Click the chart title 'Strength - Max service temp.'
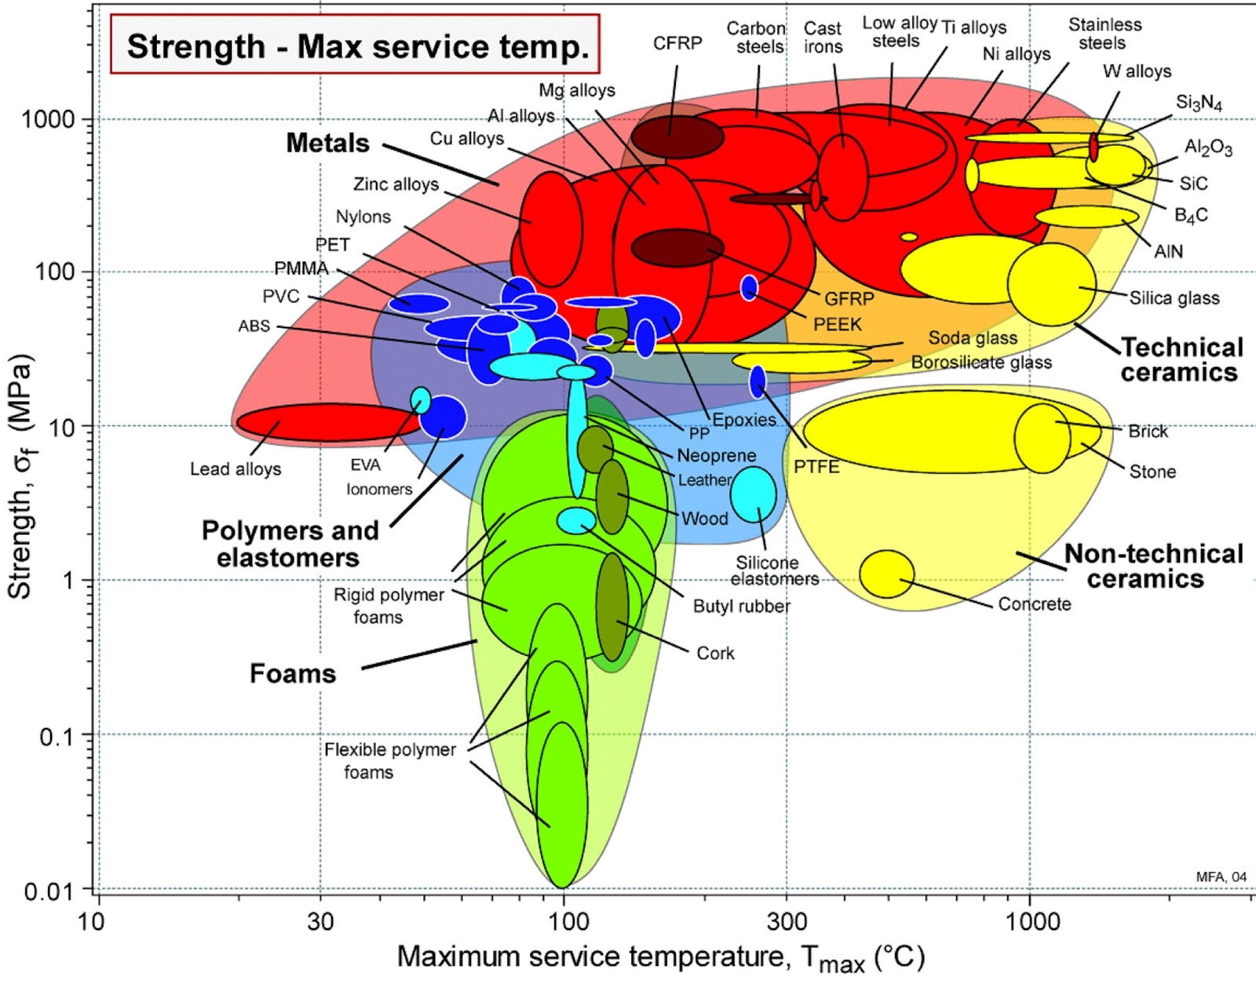(x=357, y=46)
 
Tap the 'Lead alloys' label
(x=235, y=469)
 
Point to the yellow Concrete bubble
(x=887, y=574)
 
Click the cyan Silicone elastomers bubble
(x=753, y=494)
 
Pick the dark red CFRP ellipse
(x=677, y=137)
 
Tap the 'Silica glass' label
(x=1174, y=298)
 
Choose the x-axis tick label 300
(x=787, y=921)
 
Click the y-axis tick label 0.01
(x=48, y=891)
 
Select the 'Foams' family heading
(x=293, y=674)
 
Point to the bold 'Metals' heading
(x=327, y=144)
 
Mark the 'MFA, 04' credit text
(x=1221, y=876)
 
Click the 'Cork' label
(x=715, y=654)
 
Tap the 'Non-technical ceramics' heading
(x=1152, y=567)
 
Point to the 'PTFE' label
(x=816, y=468)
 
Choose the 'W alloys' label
(x=1137, y=71)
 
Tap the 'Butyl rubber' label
(x=741, y=607)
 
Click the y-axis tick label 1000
(x=48, y=119)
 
